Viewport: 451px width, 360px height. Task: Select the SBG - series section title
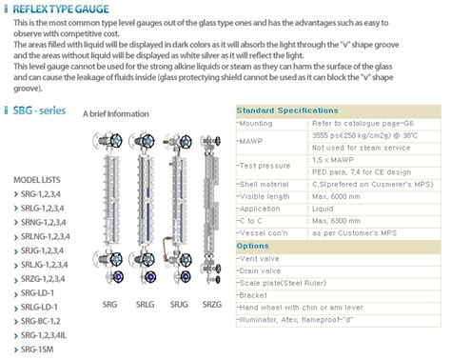(40, 111)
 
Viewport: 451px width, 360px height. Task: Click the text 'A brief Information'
(116, 113)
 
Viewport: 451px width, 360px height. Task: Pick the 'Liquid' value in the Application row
(324, 208)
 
